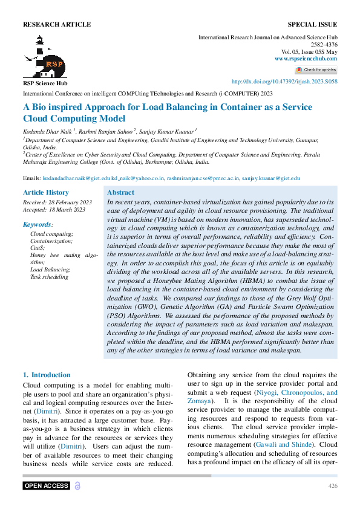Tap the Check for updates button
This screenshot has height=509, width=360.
(316, 70)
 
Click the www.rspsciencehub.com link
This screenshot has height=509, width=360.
(306, 58)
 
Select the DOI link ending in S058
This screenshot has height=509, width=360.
(284, 82)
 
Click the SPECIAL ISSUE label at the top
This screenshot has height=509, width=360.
(312, 24)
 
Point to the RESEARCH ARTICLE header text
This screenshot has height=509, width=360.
(57, 24)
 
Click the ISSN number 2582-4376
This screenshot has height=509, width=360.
(324, 45)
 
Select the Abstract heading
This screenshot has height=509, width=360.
(120, 192)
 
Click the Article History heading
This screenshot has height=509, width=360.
(46, 192)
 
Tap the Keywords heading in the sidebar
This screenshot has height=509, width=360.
(38, 224)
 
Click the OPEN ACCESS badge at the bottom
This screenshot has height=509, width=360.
(47, 485)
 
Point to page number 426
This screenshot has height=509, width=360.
(332, 486)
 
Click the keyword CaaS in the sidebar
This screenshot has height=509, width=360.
(38, 248)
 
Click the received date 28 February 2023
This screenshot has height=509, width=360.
(68, 201)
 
